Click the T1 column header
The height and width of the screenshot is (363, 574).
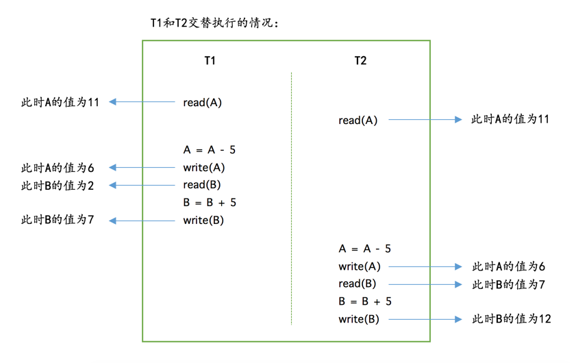(x=210, y=61)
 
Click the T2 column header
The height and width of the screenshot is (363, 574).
(x=360, y=61)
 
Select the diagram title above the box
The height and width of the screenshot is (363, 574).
(x=214, y=23)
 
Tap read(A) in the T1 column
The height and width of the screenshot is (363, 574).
(x=203, y=103)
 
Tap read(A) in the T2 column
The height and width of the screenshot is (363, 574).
(x=358, y=121)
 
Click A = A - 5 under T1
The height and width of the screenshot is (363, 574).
(x=210, y=150)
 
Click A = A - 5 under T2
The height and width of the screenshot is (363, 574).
(x=364, y=249)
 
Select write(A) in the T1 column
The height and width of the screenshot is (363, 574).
(x=204, y=168)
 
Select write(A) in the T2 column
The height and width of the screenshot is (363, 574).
(x=359, y=266)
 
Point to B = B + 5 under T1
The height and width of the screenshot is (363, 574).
(x=210, y=203)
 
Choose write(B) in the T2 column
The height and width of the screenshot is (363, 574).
(x=359, y=319)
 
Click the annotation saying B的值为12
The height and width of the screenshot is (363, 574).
(x=511, y=319)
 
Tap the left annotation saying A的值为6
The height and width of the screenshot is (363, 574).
(x=58, y=168)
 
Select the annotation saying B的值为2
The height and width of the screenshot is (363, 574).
(x=58, y=185)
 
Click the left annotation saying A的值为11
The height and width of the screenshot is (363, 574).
(x=60, y=103)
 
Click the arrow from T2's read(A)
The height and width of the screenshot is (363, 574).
(x=425, y=120)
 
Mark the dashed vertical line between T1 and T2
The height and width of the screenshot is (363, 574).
(x=291, y=199)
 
